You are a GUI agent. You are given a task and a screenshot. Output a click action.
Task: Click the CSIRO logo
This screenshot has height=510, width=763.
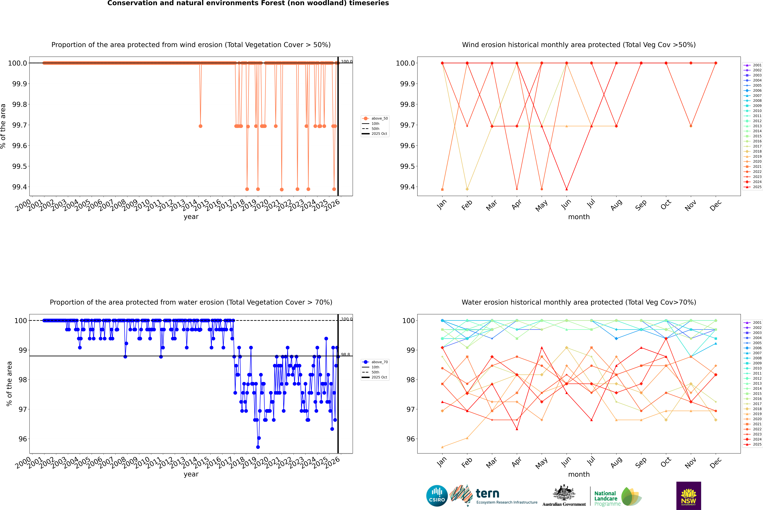437,496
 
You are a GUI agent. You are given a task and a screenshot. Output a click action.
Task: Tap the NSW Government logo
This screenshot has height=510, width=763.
688,496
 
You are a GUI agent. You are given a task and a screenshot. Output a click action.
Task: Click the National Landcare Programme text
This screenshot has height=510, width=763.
606,498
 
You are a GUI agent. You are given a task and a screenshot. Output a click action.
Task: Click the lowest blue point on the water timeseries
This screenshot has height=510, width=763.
258,447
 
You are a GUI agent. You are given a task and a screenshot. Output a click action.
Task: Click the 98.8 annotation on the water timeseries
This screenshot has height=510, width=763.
345,355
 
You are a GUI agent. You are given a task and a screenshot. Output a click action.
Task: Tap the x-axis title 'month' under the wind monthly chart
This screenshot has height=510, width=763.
579,217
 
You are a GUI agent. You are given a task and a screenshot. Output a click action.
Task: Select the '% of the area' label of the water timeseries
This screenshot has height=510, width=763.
9,384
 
